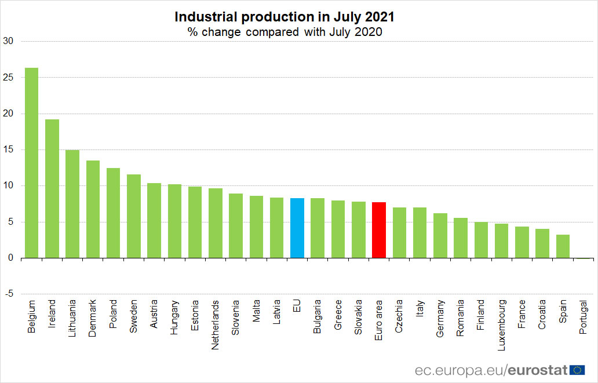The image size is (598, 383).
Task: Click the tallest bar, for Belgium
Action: (x=31, y=163)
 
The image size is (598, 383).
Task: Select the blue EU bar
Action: (x=297, y=228)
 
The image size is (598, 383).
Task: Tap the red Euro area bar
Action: (x=379, y=230)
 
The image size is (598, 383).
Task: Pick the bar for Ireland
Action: (x=52, y=188)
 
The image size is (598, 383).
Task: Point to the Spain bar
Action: (x=563, y=246)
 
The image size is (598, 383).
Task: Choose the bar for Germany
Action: (x=440, y=235)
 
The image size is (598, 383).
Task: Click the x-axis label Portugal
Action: (x=584, y=317)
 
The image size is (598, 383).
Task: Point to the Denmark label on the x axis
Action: (x=93, y=318)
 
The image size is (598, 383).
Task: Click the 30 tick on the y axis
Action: (x=8, y=41)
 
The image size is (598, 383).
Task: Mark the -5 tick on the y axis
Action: (x=8, y=294)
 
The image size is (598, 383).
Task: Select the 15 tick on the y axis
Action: (x=8, y=149)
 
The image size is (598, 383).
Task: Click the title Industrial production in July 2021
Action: (x=285, y=17)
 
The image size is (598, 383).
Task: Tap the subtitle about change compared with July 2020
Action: (x=285, y=32)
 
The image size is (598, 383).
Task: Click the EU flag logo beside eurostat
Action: (x=577, y=369)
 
